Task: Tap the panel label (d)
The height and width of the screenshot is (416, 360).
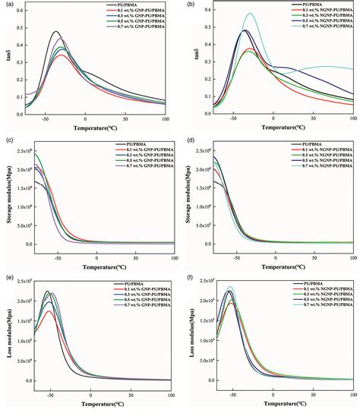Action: pyautogui.click(x=188, y=141)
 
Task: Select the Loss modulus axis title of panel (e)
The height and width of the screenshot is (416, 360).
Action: pyautogui.click(x=10, y=337)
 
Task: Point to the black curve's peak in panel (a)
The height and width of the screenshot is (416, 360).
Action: pyautogui.click(x=55, y=32)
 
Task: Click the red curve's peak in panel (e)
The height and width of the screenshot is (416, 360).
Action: pyautogui.click(x=50, y=310)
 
